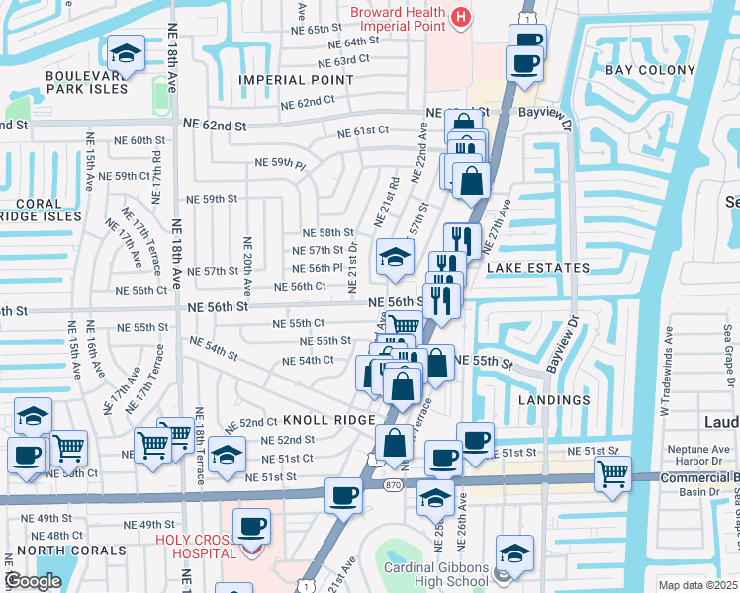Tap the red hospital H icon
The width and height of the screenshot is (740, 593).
point(459,17)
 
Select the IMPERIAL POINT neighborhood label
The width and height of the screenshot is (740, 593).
point(288,79)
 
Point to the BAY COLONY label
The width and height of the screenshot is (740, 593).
point(644,70)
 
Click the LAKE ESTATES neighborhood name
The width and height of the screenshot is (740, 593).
point(536,268)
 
